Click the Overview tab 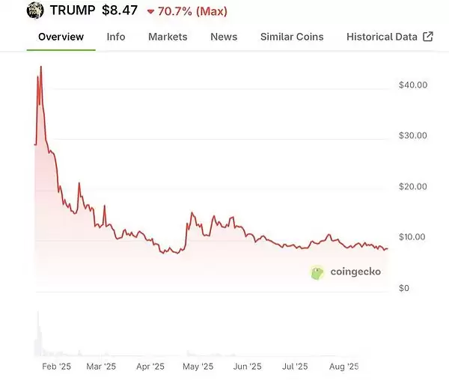(x=61, y=37)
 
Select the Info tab (x=116, y=37)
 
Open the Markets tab (x=168, y=37)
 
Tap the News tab (x=224, y=37)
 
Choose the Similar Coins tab (x=292, y=37)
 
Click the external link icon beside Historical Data (x=428, y=37)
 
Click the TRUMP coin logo (x=35, y=10)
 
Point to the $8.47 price (x=120, y=10)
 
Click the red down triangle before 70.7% (x=150, y=12)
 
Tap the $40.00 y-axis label (x=413, y=85)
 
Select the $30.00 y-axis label (x=413, y=135)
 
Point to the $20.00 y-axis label (x=413, y=186)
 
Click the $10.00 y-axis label (x=412, y=237)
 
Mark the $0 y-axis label (x=404, y=288)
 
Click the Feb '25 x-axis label (x=56, y=367)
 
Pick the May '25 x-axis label (x=198, y=367)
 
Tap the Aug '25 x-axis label (x=344, y=367)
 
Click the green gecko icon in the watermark (x=317, y=272)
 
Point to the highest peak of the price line (x=41, y=67)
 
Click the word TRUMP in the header (x=73, y=10)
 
